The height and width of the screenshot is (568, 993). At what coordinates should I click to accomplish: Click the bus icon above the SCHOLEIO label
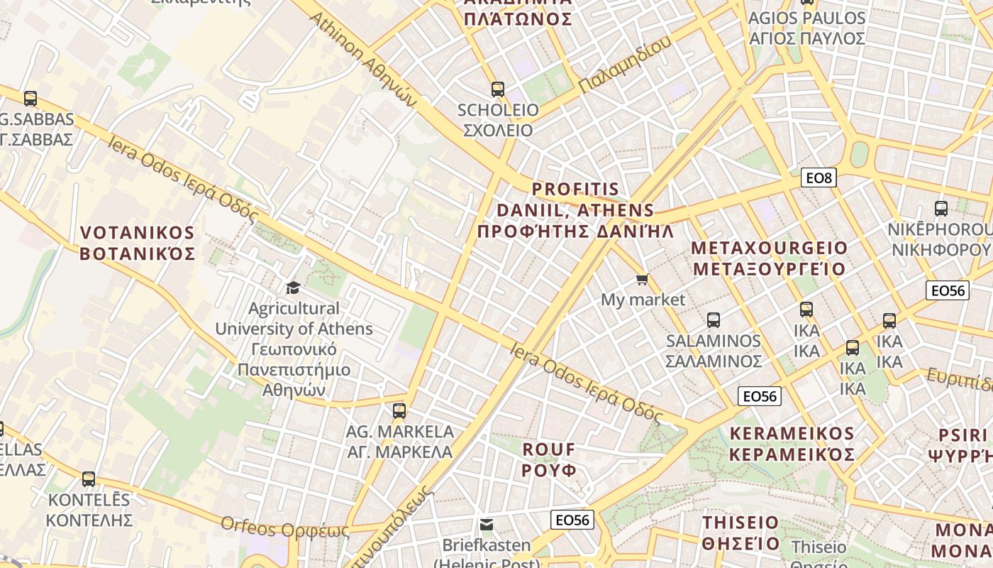point(498,89)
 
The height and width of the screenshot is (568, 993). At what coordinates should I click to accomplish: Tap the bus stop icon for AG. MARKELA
point(399,410)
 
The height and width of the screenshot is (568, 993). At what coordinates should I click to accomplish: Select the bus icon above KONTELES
point(89,479)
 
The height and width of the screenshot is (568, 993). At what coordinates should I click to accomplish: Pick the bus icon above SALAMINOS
point(714,320)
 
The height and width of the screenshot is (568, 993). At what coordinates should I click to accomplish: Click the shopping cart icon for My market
point(643,280)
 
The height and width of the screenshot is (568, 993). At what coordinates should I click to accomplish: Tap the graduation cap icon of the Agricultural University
point(293,288)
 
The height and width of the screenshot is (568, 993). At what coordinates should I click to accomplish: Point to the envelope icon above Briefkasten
point(487,525)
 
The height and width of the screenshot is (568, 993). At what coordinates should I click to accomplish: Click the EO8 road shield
point(819,177)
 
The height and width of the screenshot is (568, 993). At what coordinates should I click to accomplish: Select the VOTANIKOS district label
point(137,243)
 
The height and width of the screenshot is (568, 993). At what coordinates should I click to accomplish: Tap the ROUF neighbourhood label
point(549,459)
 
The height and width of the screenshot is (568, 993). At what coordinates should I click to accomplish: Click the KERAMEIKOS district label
point(792,444)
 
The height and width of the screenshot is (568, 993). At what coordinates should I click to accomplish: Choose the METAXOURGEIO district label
point(770,258)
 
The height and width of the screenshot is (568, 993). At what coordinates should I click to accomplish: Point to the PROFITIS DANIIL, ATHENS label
point(575,210)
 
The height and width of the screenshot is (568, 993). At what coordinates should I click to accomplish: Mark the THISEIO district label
point(740,532)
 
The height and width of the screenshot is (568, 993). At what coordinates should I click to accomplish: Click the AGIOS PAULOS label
point(807,28)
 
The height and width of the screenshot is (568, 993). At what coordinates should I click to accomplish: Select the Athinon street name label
point(363,58)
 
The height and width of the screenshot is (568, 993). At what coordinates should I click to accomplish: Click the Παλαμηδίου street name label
point(624,64)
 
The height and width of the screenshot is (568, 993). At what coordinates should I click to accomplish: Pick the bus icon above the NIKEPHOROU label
point(941,209)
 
